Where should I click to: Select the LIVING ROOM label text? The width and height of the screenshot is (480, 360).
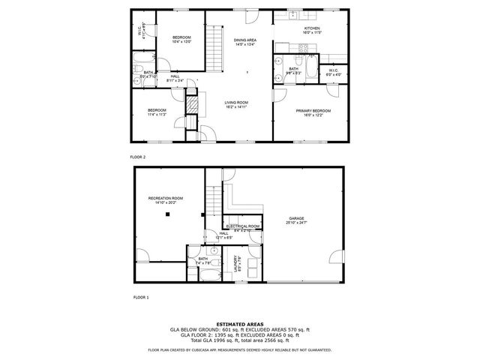(x=236, y=103)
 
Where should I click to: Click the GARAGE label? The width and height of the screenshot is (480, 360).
(x=297, y=218)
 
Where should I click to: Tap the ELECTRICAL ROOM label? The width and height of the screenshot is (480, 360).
(x=243, y=226)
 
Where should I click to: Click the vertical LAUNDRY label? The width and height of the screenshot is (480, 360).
(x=236, y=263)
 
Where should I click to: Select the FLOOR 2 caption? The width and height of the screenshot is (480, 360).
(x=138, y=157)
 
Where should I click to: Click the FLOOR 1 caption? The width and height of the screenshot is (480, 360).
(x=141, y=298)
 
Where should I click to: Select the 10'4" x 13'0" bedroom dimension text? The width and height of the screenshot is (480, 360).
(x=182, y=42)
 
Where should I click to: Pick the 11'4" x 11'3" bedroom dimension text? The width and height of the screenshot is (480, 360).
(x=157, y=115)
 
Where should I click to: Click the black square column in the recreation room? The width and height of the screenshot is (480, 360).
(x=168, y=214)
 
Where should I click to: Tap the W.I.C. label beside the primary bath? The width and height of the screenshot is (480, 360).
(x=333, y=70)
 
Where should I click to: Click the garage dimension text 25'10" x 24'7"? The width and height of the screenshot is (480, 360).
(x=297, y=223)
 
